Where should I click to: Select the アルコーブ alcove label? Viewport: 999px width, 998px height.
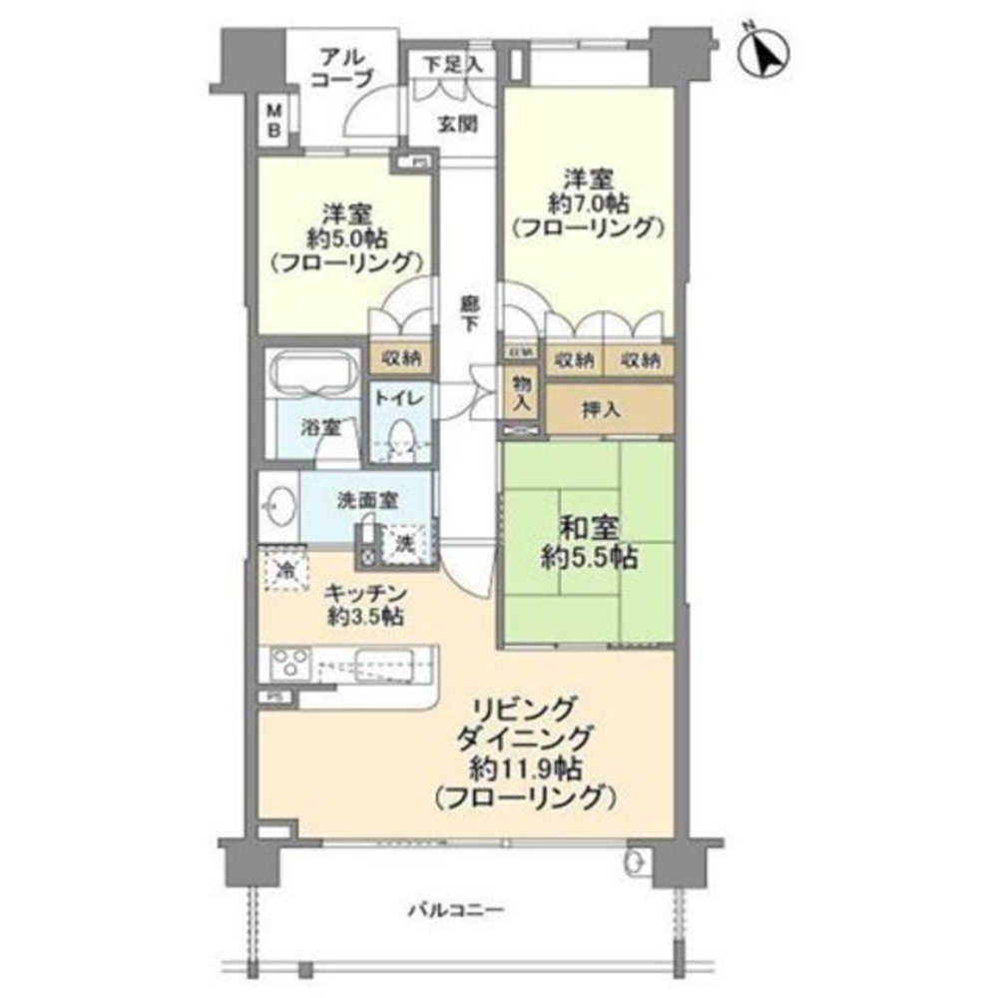pyautogui.click(x=340, y=69)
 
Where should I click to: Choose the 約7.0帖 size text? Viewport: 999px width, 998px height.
pyautogui.click(x=588, y=204)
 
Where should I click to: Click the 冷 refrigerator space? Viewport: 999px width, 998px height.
pyautogui.click(x=284, y=572)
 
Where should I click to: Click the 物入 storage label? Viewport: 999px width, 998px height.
pyautogui.click(x=521, y=392)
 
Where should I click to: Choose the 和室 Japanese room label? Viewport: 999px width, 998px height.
pyautogui.click(x=585, y=525)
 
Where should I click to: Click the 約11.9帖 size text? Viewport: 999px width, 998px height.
pyautogui.click(x=527, y=768)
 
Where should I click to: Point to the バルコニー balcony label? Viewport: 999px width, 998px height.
pyautogui.click(x=456, y=910)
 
